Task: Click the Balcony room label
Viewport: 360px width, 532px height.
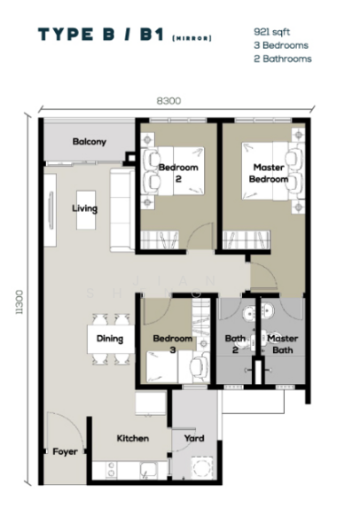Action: pyautogui.click(x=90, y=142)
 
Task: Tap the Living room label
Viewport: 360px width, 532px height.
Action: pyautogui.click(x=85, y=209)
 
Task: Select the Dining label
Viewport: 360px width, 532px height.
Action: pyautogui.click(x=110, y=338)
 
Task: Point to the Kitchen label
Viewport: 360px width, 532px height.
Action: pyautogui.click(x=132, y=438)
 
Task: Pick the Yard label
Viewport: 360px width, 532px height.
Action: pyautogui.click(x=194, y=438)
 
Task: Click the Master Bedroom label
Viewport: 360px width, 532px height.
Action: pyautogui.click(x=270, y=173)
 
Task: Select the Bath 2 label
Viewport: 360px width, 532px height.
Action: pyautogui.click(x=235, y=343)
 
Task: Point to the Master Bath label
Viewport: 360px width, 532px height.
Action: pyautogui.click(x=283, y=343)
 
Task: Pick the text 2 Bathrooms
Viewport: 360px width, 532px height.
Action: pyautogui.click(x=282, y=59)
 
